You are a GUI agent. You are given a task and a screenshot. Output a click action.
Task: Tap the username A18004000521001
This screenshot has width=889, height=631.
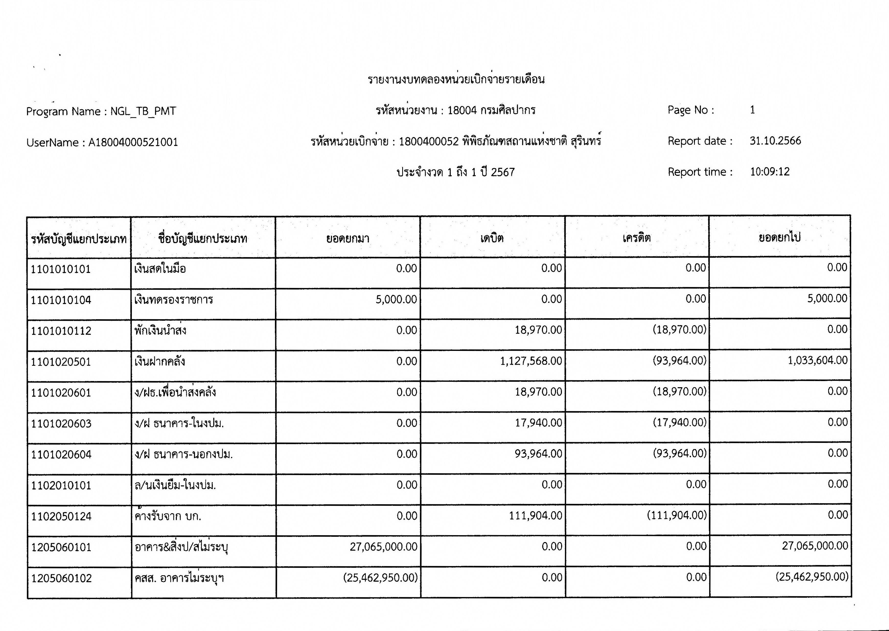tap(133, 143)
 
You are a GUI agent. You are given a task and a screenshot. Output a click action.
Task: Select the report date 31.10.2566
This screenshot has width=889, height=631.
tap(775, 141)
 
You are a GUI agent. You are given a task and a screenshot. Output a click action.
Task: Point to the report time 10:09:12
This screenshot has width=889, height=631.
tap(770, 172)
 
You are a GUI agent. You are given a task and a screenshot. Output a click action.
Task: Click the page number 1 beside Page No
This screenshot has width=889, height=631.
tap(752, 110)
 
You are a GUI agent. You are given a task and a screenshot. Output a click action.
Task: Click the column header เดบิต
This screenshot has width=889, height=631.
tap(492, 238)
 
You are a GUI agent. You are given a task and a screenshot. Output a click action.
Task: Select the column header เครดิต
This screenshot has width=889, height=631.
tap(637, 238)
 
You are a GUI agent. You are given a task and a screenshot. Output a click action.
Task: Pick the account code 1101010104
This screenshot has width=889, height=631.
tap(61, 300)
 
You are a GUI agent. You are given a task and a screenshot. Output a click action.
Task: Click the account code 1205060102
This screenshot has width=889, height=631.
tap(61, 578)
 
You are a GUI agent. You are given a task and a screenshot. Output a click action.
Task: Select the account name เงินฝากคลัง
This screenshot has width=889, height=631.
tap(160, 362)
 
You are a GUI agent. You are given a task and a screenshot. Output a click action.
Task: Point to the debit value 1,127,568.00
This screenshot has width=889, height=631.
tap(531, 361)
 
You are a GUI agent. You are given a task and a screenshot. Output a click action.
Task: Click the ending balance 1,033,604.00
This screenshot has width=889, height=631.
tap(817, 360)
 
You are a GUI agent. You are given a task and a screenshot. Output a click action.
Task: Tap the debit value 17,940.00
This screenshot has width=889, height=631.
tap(538, 423)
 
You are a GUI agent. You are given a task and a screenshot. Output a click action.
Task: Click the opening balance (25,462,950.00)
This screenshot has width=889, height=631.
tap(380, 578)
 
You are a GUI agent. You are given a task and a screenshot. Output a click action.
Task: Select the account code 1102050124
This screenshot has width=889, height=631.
tap(61, 517)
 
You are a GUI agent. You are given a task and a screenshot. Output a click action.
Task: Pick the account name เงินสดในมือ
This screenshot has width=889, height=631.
tap(160, 269)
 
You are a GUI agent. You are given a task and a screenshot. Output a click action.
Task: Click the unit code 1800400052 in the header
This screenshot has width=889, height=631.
tap(429, 141)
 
